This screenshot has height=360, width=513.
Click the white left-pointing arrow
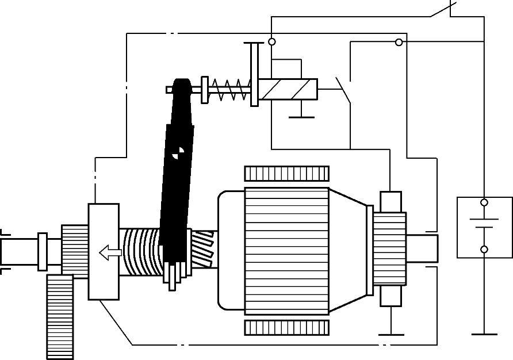[x=110, y=252]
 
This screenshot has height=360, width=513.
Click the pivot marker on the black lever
[x=178, y=152]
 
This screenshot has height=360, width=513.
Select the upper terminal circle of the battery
[x=484, y=202]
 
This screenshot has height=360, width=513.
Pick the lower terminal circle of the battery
[x=484, y=249]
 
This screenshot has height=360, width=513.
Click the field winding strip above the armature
[x=286, y=173]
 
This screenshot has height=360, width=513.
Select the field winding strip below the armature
[x=286, y=327]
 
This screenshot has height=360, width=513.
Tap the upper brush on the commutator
[x=391, y=201]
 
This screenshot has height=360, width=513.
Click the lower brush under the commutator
[x=391, y=296]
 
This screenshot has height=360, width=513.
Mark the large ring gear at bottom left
[x=60, y=316]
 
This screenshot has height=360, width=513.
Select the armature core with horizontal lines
[x=286, y=251]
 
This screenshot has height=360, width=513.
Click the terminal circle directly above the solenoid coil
[x=271, y=41]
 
